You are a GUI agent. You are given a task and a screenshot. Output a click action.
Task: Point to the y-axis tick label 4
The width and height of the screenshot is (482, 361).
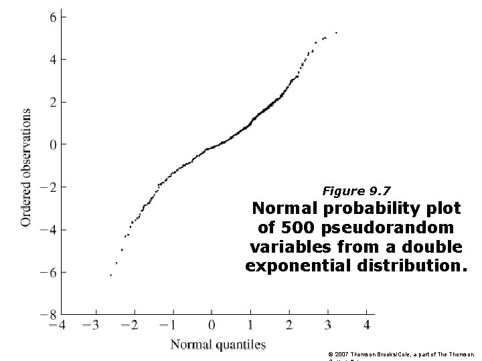(54, 59)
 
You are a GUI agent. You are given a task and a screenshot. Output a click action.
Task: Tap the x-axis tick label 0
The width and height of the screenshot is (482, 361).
(212, 326)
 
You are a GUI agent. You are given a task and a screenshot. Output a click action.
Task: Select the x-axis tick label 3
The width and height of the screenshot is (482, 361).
(327, 326)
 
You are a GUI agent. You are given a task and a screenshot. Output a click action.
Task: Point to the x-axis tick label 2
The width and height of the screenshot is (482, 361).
(289, 326)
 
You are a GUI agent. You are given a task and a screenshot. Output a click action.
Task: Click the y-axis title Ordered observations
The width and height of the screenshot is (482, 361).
(26, 166)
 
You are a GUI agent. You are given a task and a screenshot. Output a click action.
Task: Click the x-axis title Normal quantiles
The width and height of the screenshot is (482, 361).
(218, 346)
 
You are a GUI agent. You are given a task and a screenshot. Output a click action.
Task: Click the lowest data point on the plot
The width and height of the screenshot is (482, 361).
(111, 275)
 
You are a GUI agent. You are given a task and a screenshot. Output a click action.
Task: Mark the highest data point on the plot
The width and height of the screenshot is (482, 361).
(336, 33)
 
